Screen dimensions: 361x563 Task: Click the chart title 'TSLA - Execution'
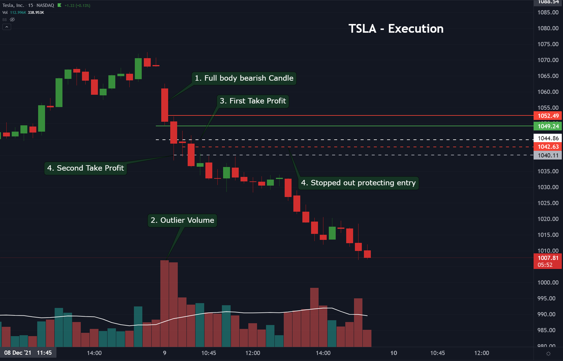tap(396, 29)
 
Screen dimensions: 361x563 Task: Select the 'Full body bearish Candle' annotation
tap(244, 78)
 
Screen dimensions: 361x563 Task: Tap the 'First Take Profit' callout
tap(253, 101)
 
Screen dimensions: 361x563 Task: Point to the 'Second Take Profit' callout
tap(86, 168)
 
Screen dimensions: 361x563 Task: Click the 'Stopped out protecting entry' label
tap(358, 183)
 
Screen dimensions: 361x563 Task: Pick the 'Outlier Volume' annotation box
tap(182, 220)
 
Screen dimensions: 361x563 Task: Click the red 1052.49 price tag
tap(548, 116)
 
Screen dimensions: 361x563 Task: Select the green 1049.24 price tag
tap(548, 126)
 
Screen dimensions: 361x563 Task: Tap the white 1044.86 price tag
tap(548, 138)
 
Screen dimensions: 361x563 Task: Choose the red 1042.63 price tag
tap(548, 147)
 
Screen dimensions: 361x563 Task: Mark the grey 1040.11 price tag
tap(548, 155)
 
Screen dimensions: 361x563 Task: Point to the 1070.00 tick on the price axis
tap(548, 60)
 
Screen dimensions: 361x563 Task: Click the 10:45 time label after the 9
tap(209, 353)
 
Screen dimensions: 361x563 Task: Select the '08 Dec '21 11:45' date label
tap(28, 353)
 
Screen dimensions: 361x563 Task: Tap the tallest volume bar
tap(164, 303)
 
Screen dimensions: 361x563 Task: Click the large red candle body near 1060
tap(165, 105)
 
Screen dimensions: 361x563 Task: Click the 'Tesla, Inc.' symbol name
tap(13, 5)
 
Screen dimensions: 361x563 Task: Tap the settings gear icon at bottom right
tap(548, 354)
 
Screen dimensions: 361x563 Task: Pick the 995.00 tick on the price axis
tap(548, 298)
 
